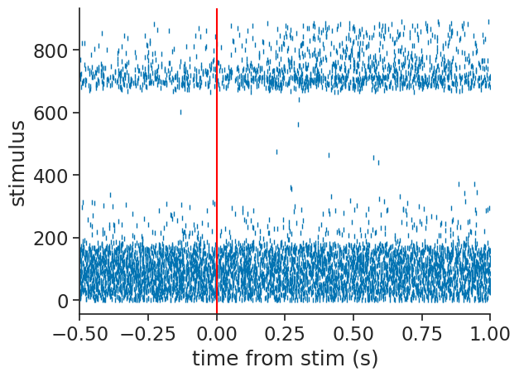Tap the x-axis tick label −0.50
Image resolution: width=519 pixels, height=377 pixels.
click(79, 332)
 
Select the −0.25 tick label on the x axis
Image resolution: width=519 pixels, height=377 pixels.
click(148, 332)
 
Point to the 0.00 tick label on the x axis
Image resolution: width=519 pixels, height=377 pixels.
click(217, 332)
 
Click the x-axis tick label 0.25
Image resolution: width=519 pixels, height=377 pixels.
click(285, 332)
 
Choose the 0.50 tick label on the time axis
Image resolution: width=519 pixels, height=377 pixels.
click(353, 332)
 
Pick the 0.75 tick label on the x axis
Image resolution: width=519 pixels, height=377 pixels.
click(421, 332)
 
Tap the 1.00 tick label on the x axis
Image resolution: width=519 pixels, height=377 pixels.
click(490, 332)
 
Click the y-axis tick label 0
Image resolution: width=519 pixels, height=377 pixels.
click(63, 301)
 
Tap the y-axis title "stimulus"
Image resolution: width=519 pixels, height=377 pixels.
click(18, 163)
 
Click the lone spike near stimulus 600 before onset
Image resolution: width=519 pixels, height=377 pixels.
click(180, 112)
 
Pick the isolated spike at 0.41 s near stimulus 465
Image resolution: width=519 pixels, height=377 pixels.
click(329, 155)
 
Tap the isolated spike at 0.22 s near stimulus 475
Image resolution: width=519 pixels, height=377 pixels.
click(276, 152)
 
